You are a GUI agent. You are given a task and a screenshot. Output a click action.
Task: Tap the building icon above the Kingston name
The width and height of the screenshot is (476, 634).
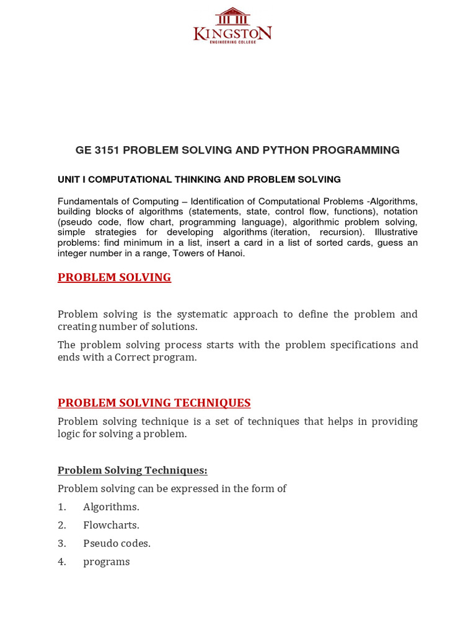232,15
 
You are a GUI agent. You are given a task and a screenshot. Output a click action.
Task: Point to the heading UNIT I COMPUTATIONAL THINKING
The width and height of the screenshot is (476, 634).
199,180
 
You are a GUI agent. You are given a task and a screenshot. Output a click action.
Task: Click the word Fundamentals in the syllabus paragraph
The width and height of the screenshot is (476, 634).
87,201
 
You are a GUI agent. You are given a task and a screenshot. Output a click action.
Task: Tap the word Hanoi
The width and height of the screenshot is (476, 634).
231,253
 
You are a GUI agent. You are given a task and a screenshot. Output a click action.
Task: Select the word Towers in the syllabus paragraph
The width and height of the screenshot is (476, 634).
187,253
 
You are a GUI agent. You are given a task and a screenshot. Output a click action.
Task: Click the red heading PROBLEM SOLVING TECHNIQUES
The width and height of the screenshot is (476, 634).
154,403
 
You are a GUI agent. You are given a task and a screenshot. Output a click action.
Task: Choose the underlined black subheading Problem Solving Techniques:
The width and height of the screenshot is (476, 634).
133,471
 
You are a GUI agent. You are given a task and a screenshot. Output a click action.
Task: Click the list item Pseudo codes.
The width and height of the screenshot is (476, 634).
117,544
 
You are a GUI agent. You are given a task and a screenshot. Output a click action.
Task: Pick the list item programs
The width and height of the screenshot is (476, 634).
107,562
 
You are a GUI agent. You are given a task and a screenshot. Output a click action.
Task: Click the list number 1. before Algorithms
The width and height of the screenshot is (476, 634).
62,507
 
